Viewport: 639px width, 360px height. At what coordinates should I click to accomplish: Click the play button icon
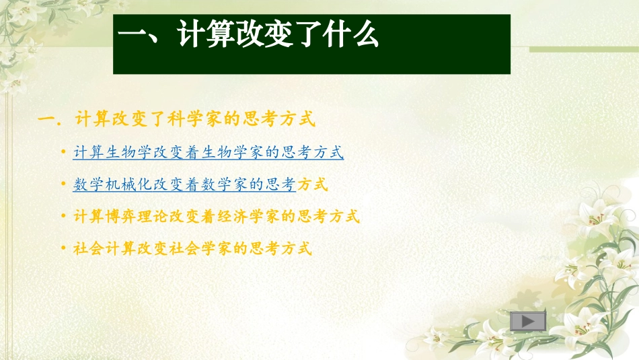point(528,322)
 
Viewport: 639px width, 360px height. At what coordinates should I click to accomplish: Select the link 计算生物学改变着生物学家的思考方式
point(209,153)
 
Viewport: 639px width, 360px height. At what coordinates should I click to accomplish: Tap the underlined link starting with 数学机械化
point(184,184)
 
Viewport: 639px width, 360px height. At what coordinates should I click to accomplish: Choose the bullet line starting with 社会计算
point(192,248)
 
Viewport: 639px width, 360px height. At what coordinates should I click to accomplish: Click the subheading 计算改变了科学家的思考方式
point(195,120)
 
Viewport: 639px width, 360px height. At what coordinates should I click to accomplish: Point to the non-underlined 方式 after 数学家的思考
point(313,184)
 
